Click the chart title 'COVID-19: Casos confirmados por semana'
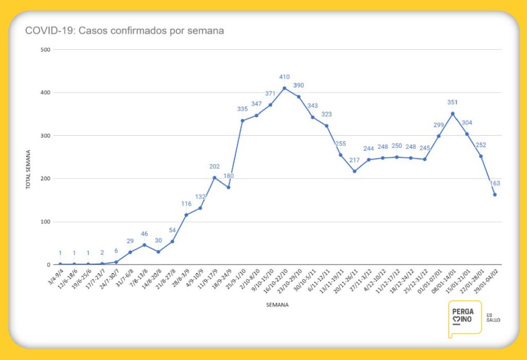[125, 31]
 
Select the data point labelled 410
[285, 88]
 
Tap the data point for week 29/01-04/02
[495, 194]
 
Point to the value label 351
[453, 102]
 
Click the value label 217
[355, 160]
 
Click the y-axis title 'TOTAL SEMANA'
[29, 170]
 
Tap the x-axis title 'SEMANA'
[277, 305]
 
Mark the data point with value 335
[242, 120]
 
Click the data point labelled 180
[229, 187]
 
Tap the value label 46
[144, 234]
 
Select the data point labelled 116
[186, 215]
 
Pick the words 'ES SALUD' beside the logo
[493, 317]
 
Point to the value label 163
[495, 183]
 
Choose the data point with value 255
[341, 155]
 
